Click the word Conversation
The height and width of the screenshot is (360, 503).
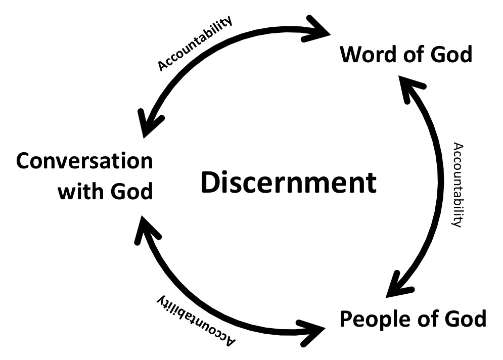pos(84,162)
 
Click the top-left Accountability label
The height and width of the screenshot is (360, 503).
pos(195,43)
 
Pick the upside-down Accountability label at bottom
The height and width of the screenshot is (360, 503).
pos(195,319)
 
